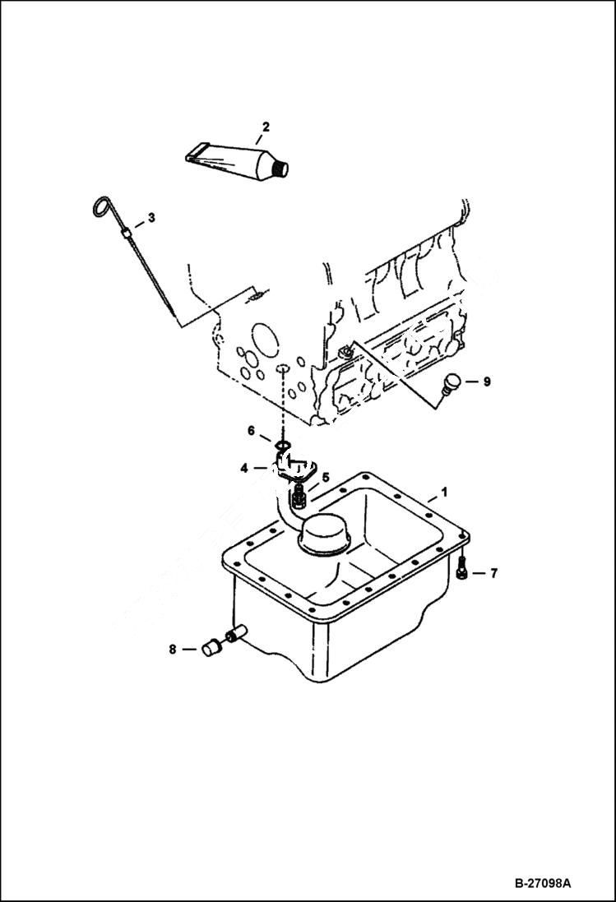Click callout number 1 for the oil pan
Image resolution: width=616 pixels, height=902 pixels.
point(444,493)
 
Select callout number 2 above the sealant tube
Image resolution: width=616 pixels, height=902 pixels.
point(266,127)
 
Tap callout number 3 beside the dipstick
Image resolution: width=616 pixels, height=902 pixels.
point(151,218)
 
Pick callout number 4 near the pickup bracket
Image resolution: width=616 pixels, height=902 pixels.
point(244,468)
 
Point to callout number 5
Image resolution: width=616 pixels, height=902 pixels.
point(326,477)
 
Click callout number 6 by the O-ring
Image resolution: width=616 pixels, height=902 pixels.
point(252,430)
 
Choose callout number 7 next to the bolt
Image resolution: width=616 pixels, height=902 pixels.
point(493,573)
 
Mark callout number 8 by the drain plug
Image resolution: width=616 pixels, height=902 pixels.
point(173,650)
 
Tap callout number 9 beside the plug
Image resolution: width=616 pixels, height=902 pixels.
point(486,382)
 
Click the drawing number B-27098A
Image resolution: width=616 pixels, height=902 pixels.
point(543,884)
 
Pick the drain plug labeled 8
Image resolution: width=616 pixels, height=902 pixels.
point(211,648)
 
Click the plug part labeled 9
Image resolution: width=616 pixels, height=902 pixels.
point(452,383)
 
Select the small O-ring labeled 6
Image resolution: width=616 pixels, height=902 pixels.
point(282,446)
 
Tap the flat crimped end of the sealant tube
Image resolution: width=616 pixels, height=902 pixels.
point(195,153)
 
